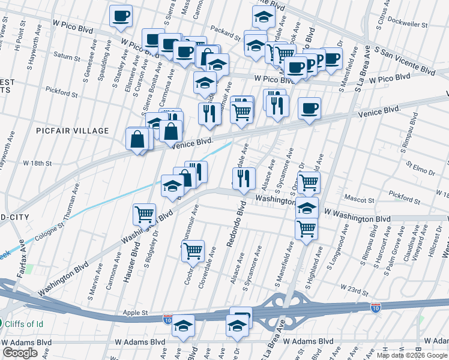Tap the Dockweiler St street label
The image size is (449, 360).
tap(408, 26)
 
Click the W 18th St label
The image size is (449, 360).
tap(38, 163)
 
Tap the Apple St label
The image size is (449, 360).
tap(136, 313)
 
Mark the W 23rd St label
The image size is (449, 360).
tap(354, 290)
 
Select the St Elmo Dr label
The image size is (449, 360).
tap(420, 167)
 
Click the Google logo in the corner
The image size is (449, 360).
tap(20, 353)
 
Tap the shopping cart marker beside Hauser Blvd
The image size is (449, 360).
tap(144, 213)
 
